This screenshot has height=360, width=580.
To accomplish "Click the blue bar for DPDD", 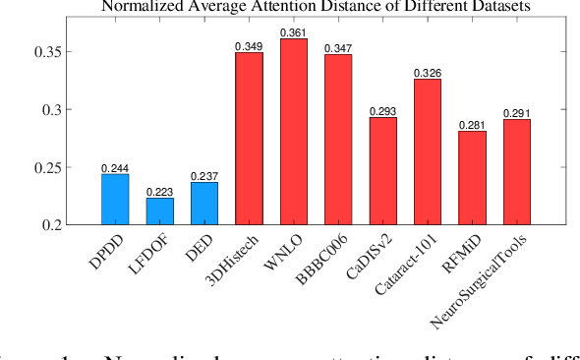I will (x=115, y=200).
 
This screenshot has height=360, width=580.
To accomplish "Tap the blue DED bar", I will (x=203, y=204).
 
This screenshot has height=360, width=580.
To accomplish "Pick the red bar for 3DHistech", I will (x=249, y=139).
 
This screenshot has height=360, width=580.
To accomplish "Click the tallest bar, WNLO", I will (x=294, y=132).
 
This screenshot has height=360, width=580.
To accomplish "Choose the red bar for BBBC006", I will (x=338, y=140).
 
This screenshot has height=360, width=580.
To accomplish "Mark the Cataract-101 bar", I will (x=428, y=152).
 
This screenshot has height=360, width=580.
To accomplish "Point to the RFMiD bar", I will (x=472, y=178).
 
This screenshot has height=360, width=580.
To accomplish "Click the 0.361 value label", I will (x=294, y=32).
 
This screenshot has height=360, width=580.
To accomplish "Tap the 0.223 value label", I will (x=159, y=192).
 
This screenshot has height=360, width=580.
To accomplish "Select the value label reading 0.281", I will (x=472, y=125).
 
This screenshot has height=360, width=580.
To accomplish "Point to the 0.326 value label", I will (x=428, y=73).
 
